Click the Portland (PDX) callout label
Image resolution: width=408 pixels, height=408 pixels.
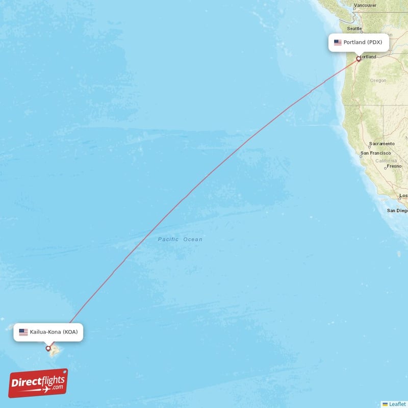tap(359, 42)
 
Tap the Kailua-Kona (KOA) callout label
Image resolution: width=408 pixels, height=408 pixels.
tap(48, 332)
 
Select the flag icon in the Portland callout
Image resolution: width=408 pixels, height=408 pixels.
tap(338, 42)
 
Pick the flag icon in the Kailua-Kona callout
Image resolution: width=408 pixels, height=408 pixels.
tap(23, 332)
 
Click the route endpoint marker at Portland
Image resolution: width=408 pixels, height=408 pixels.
tap(359, 59)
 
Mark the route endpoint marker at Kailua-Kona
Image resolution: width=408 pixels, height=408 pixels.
tap(48, 348)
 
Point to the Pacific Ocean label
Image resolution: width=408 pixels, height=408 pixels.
tap(180, 239)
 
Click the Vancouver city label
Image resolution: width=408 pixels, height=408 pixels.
tap(365, 6)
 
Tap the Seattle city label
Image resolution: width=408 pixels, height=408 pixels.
tap(354, 29)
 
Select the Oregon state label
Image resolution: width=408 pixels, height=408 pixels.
tap(378, 81)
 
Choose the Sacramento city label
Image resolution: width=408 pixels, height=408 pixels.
tap(382, 144)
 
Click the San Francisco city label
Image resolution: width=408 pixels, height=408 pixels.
tap(375, 153)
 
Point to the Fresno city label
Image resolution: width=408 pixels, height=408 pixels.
tap(394, 166)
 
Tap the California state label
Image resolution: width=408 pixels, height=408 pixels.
tap(386, 161)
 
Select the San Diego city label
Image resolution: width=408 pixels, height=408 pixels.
tap(397, 210)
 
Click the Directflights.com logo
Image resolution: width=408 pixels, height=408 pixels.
tap(38, 383)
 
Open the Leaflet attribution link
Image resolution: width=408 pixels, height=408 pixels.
tap(397, 404)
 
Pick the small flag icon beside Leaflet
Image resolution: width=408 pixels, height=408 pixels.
tap(385, 404)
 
